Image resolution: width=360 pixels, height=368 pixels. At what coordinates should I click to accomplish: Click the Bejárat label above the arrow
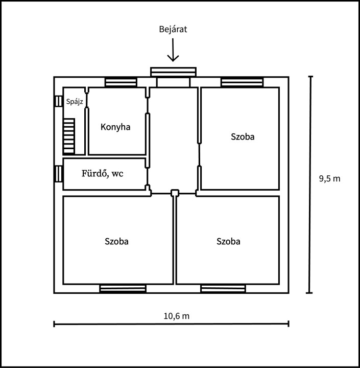point(173,29)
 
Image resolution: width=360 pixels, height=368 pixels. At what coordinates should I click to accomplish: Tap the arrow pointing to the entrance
point(173,50)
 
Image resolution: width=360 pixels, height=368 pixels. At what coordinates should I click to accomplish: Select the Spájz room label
point(75,102)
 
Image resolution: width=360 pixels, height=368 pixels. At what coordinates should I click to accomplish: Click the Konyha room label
point(115,127)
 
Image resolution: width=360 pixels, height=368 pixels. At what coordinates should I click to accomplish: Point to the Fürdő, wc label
point(103,173)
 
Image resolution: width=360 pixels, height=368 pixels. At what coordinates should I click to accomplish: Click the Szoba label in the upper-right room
point(243,136)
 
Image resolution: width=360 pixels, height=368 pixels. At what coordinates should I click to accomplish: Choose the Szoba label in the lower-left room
point(116,241)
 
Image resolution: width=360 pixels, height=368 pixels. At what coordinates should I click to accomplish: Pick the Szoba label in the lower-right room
point(228,241)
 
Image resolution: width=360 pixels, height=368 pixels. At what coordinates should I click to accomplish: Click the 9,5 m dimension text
point(329,178)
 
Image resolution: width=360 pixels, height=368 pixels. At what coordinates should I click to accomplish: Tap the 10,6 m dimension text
point(176,316)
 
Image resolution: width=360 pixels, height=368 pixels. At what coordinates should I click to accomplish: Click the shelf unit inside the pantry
point(69,136)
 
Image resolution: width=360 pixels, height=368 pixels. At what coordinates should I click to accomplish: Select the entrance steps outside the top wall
point(173,72)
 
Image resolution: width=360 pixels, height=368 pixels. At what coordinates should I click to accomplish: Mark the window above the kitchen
point(121,82)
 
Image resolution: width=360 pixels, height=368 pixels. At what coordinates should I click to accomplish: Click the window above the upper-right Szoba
point(242,82)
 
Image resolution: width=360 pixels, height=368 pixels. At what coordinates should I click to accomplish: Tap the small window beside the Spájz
point(58,101)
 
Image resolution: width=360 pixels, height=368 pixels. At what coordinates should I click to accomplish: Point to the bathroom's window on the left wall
point(58,174)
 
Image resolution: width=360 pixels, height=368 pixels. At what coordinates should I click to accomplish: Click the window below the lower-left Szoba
point(123,288)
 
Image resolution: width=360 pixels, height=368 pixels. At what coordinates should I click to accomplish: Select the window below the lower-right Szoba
point(223,288)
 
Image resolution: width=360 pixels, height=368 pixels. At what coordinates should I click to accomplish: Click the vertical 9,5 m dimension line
point(310,185)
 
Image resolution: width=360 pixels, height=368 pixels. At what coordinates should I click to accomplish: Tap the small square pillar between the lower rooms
point(175,193)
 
